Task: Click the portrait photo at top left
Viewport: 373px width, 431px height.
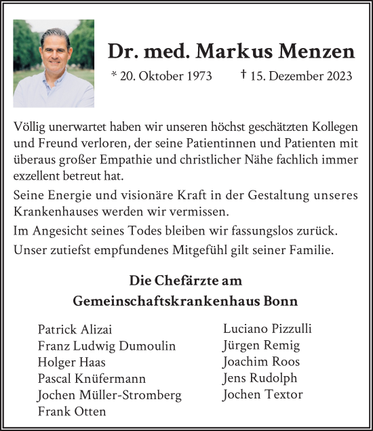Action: coord(54,64)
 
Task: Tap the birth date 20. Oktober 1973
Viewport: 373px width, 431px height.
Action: coord(165,76)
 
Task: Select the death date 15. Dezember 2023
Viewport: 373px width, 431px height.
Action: coord(301,76)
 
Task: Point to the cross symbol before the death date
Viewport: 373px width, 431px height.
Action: coord(243,75)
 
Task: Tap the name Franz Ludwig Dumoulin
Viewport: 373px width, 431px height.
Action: coord(106,346)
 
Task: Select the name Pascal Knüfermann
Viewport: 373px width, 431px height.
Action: coord(92,379)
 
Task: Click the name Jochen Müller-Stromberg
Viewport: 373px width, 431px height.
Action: coord(111,395)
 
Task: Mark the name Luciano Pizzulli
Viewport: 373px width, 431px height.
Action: coord(267,329)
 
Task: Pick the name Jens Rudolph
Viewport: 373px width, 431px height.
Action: coord(260,378)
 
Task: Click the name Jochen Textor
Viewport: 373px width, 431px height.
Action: coord(262,394)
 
